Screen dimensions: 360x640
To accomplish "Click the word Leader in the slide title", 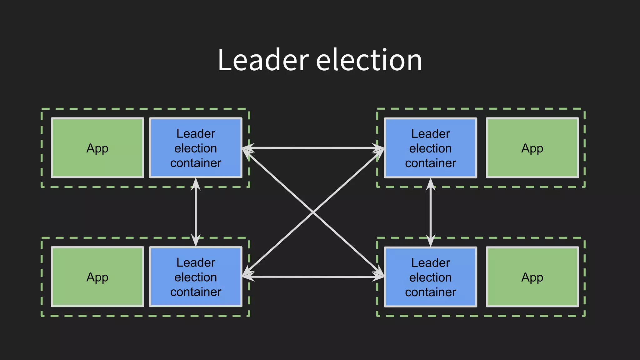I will click(x=263, y=60).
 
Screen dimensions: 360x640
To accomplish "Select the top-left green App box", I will click(x=97, y=148).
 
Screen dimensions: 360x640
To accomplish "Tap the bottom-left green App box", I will click(x=97, y=277).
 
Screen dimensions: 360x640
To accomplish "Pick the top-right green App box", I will click(x=532, y=148).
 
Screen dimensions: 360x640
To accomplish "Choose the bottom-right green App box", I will click(x=532, y=277).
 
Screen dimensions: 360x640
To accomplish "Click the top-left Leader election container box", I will click(x=196, y=148).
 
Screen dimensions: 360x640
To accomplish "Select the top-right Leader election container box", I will click(x=430, y=148).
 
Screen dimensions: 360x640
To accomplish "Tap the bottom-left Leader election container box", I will click(x=196, y=277).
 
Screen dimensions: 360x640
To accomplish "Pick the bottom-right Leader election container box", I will click(x=430, y=277).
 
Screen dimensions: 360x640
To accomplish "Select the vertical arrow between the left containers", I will click(x=196, y=212).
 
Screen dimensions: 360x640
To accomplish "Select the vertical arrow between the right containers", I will click(x=431, y=212).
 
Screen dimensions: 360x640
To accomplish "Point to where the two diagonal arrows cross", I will click(x=313, y=212).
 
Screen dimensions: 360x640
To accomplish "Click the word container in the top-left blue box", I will click(x=196, y=163).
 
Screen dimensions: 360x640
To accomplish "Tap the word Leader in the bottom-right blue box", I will click(x=430, y=263).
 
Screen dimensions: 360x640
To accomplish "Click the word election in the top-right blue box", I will click(x=430, y=148).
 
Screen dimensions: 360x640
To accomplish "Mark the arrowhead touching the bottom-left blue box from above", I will click(x=196, y=241).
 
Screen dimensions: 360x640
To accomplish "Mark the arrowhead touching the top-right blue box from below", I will click(x=431, y=184).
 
